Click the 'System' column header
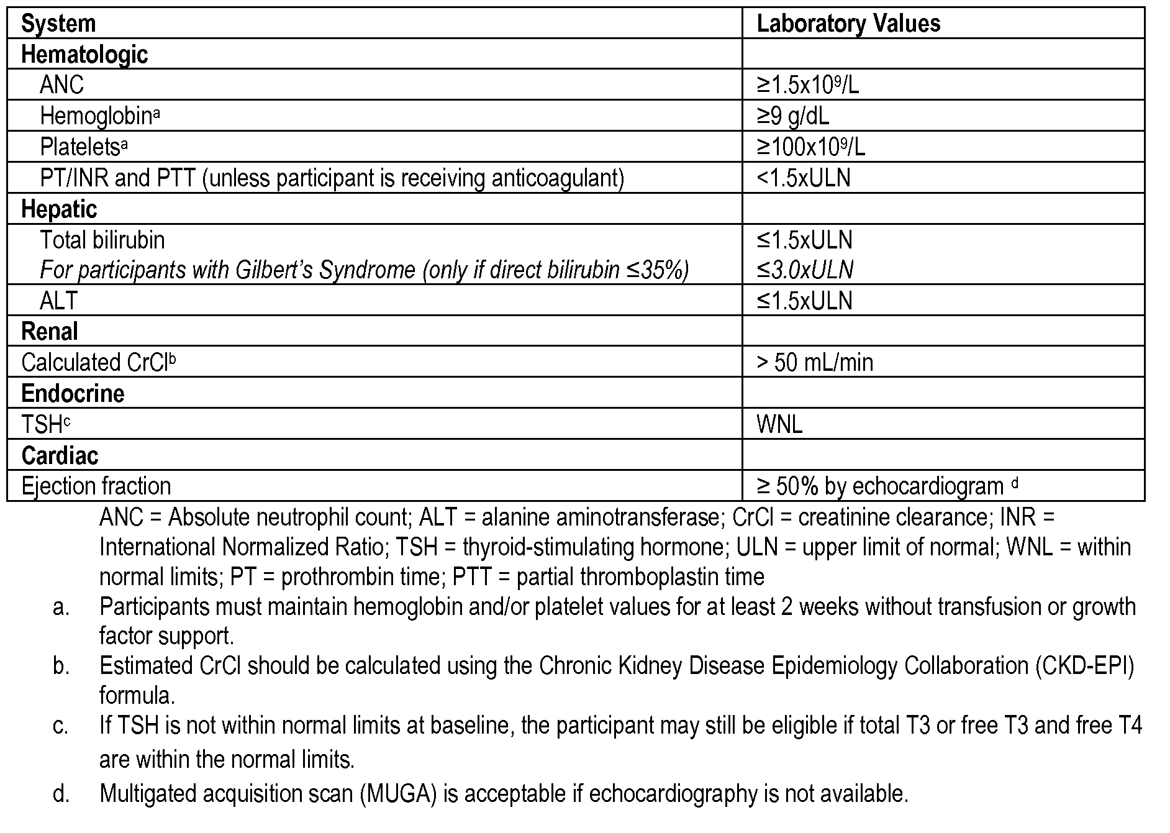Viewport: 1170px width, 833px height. [58, 24]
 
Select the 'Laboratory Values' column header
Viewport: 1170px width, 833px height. [848, 24]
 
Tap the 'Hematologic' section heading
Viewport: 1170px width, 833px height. [84, 55]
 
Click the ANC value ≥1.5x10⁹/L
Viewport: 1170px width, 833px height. [807, 85]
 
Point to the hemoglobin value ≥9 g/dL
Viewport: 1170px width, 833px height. [792, 116]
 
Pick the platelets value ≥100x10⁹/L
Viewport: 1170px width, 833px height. [810, 147]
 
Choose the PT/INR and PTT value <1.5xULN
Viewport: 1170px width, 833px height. [803, 178]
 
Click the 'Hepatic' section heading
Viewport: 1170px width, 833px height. [59, 209]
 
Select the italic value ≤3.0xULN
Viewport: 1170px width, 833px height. [804, 270]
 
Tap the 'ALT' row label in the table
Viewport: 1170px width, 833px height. [58, 301]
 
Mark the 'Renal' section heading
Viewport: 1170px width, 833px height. [50, 332]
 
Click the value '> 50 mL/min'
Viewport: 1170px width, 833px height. [814, 362]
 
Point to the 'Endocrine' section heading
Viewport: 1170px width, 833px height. [73, 394]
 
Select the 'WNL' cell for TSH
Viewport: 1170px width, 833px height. [779, 424]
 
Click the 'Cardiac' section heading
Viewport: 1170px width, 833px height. [60, 456]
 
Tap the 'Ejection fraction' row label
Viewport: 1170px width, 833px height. [96, 486]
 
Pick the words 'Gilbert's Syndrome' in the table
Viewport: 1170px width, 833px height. [325, 270]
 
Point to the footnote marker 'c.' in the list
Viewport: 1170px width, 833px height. [61, 726]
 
